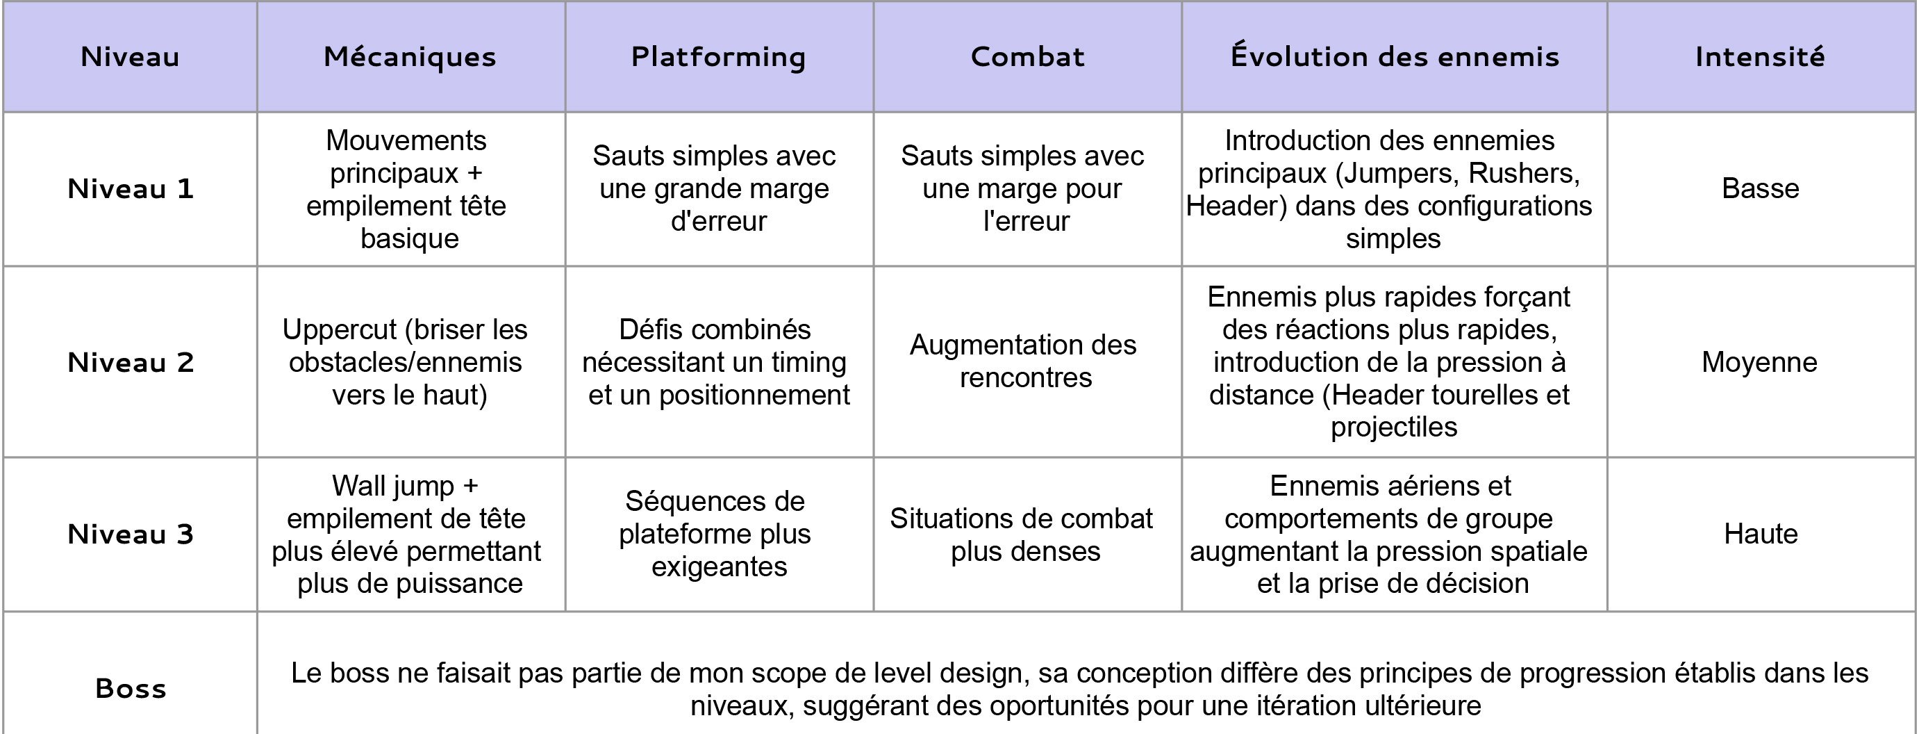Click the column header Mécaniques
(x=410, y=56)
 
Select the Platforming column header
(x=718, y=56)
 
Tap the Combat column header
(x=1027, y=56)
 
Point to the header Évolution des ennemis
(x=1395, y=56)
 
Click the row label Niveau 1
(x=131, y=188)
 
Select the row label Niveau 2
(x=131, y=362)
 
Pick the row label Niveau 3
(x=131, y=534)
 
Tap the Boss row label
(x=131, y=688)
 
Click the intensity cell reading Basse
(x=1761, y=188)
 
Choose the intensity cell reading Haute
(x=1761, y=534)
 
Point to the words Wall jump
(x=392, y=486)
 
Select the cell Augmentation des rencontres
(x=1024, y=361)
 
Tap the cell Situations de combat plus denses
(x=1022, y=535)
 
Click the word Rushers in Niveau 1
(x=1523, y=173)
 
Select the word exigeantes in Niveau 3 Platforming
(x=719, y=567)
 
